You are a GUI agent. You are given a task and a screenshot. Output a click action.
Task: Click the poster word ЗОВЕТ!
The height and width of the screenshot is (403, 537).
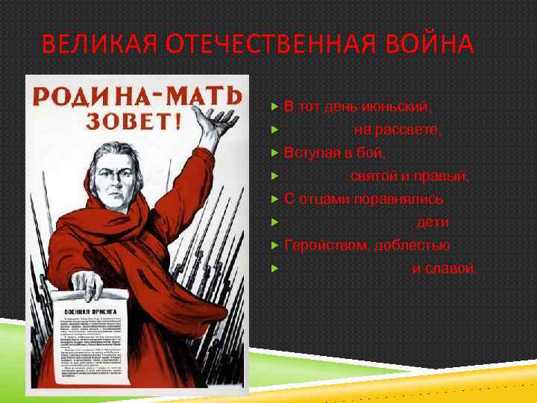point(134,120)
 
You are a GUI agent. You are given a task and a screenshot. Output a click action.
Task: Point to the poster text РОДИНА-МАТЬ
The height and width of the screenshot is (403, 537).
point(135,96)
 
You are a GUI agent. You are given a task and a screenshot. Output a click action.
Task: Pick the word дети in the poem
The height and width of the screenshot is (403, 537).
point(433,222)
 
